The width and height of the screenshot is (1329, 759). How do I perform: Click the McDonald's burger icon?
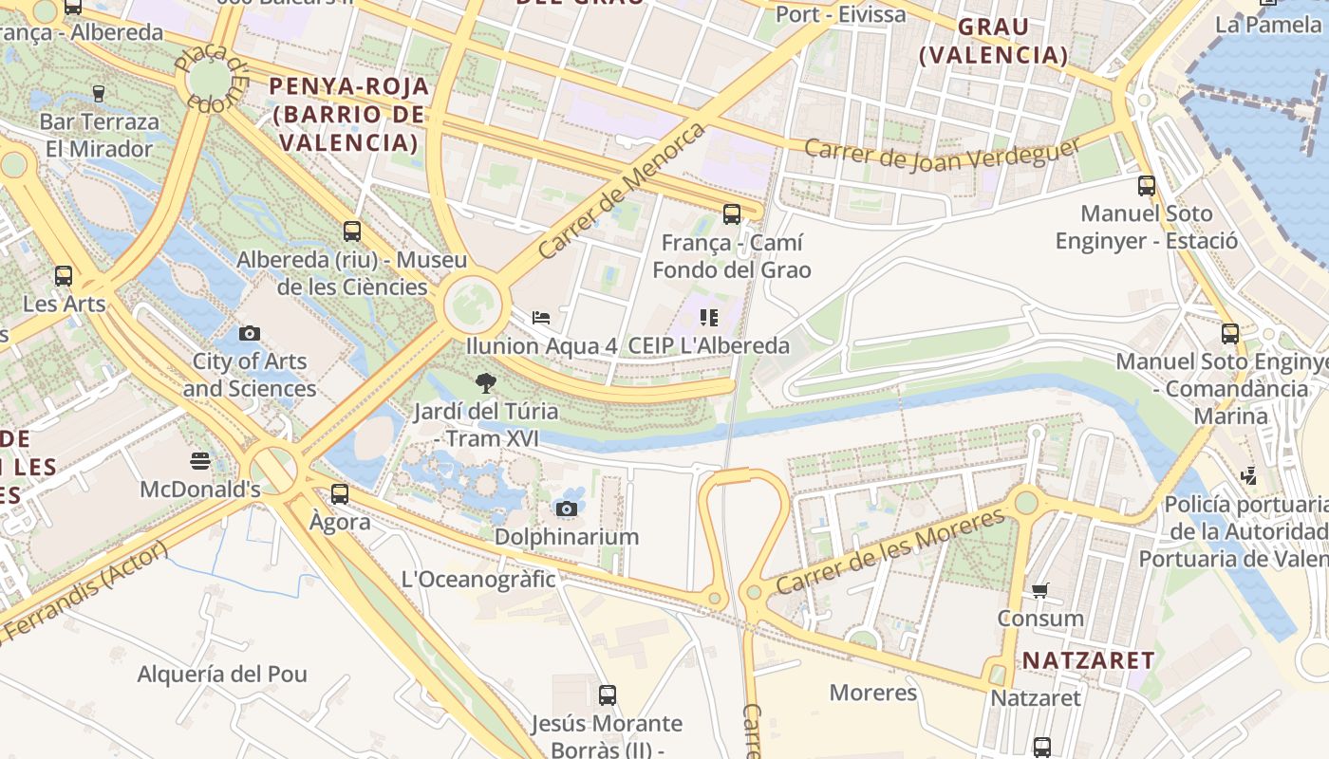click(x=199, y=461)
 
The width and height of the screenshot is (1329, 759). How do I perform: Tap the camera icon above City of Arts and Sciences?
click(x=250, y=333)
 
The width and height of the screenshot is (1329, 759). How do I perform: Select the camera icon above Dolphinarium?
click(x=567, y=509)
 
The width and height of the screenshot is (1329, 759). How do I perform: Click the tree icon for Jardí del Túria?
click(x=486, y=383)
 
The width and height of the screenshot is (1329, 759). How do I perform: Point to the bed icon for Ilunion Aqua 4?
click(x=541, y=318)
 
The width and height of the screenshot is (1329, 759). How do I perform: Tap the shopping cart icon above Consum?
click(x=1040, y=590)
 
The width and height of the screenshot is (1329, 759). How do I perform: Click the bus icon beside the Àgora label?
click(x=340, y=494)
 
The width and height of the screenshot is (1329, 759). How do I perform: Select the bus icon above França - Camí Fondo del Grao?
click(x=731, y=214)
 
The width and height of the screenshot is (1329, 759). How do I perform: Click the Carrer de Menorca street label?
click(x=622, y=191)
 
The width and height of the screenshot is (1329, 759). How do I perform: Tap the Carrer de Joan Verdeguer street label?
click(x=942, y=155)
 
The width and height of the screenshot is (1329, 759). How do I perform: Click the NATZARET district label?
click(x=1088, y=660)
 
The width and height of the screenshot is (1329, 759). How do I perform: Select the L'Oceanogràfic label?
click(x=478, y=579)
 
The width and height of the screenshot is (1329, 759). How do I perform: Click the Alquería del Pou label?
click(x=222, y=675)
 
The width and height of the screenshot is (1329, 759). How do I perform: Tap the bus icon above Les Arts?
click(x=64, y=276)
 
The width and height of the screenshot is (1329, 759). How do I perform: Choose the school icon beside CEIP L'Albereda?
click(x=709, y=318)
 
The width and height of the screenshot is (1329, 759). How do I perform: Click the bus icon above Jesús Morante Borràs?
click(x=608, y=695)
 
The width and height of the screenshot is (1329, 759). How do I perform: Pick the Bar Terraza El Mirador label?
click(x=99, y=136)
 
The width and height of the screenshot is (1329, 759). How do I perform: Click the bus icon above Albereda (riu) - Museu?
click(x=352, y=231)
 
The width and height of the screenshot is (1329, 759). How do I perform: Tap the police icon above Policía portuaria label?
click(x=1248, y=475)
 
